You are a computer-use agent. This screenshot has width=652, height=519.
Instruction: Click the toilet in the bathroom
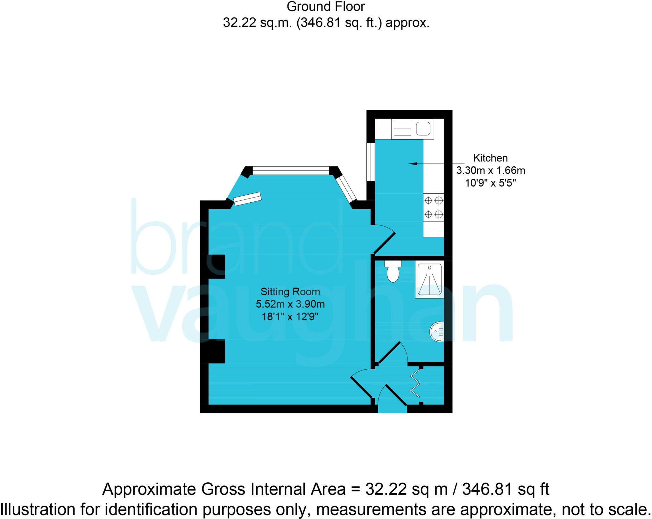tap(393, 272)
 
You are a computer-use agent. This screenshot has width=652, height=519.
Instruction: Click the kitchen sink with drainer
tap(413, 129)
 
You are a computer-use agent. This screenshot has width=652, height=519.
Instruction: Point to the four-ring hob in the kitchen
tap(433, 207)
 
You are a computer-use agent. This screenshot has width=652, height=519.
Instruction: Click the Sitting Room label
tap(290, 292)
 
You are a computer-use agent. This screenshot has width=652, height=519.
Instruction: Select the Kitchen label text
tap(490, 158)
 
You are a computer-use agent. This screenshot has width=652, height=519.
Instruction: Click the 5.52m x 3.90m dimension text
tap(290, 304)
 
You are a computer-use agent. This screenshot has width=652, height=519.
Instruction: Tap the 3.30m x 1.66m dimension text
tap(490, 170)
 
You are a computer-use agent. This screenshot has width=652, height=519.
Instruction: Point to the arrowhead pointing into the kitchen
tap(413, 164)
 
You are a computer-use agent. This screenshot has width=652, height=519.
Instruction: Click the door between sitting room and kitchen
tap(385, 243)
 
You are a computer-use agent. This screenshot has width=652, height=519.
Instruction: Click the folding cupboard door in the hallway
tap(415, 385)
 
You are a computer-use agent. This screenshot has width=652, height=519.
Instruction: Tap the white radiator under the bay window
tap(247, 199)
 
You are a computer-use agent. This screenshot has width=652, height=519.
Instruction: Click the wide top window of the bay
tap(291, 170)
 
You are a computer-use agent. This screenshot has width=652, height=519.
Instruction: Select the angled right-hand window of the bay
tap(346, 189)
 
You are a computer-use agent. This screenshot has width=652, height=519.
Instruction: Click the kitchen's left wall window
tap(371, 162)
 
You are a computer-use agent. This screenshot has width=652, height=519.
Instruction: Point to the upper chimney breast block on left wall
tap(216, 266)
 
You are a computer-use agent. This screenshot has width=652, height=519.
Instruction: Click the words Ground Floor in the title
tap(325, 7)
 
